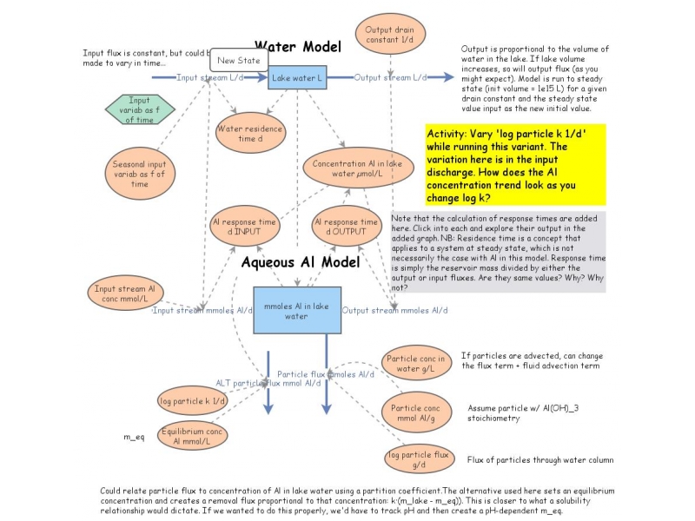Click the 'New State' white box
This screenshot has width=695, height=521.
click(236, 60)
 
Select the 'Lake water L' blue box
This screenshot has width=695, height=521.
click(297, 77)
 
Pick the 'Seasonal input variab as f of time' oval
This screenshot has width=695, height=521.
click(139, 171)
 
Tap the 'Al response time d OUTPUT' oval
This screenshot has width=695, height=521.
click(347, 228)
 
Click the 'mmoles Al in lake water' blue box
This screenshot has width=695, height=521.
click(296, 310)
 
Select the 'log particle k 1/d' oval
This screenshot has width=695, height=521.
click(193, 401)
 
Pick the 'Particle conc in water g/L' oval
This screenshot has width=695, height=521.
click(416, 365)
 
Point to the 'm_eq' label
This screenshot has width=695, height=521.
click(132, 437)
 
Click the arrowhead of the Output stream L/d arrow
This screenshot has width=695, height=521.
click(449, 77)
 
